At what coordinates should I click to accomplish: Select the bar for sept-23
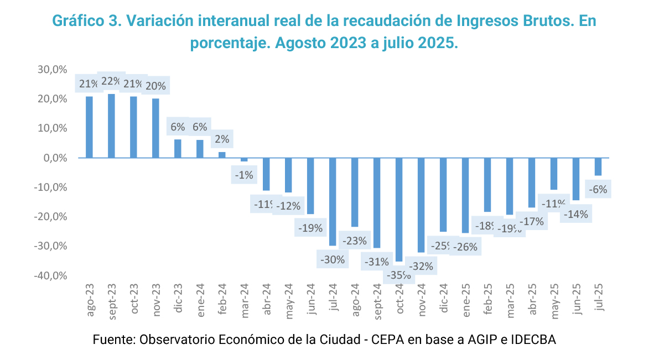(x=111, y=126)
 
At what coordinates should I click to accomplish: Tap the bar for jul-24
(x=333, y=202)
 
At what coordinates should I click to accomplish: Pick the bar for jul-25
(x=598, y=166)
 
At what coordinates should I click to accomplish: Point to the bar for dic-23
(x=178, y=149)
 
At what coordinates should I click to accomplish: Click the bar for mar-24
(x=244, y=160)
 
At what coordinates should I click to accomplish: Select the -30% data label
(x=333, y=259)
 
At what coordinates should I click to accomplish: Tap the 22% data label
(x=111, y=81)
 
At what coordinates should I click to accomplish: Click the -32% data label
(x=421, y=266)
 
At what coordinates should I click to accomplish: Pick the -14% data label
(x=576, y=214)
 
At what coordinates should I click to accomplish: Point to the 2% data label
(x=222, y=139)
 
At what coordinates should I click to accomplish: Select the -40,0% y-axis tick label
(x=51, y=275)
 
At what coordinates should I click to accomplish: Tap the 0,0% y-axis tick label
(x=55, y=158)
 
